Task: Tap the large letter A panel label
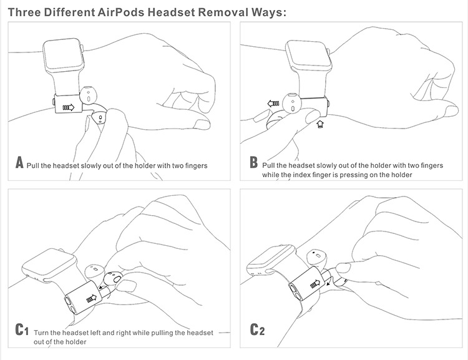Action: coord(19,164)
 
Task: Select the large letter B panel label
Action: coord(253,164)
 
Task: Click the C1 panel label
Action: coord(22,329)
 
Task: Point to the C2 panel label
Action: coord(257,329)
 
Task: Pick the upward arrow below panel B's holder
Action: coord(320,125)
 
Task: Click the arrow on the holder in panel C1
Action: coord(93,298)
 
